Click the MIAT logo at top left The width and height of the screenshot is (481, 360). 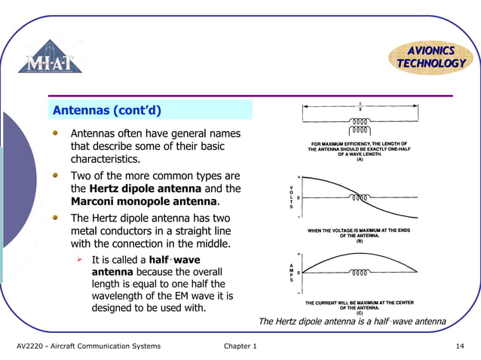(51, 57)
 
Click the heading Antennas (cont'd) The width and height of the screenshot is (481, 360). (106, 111)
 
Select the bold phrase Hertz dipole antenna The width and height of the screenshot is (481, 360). (146, 188)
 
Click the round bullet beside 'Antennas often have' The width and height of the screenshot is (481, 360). (56, 133)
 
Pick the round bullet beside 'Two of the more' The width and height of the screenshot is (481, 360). (56, 175)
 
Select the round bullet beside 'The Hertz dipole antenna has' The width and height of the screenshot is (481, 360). (56, 217)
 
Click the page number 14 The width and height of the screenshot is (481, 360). (459, 346)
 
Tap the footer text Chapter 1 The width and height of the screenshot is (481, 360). (240, 346)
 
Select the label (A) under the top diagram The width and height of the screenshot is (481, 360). (360, 160)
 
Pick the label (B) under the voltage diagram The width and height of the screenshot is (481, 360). (360, 240)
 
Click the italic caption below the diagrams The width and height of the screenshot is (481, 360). (351, 322)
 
